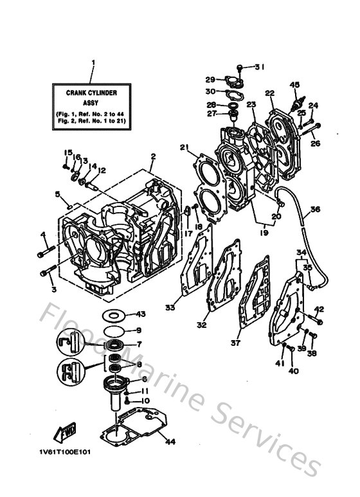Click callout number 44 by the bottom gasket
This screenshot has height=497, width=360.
pyautogui.click(x=170, y=441)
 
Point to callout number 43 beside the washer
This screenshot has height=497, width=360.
pyautogui.click(x=141, y=314)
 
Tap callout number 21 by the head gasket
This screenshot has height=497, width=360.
pyautogui.click(x=184, y=148)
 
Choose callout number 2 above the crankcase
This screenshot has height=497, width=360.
pyautogui.click(x=153, y=156)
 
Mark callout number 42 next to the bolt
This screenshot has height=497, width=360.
pyautogui.click(x=319, y=310)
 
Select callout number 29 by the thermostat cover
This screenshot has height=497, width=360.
pyautogui.click(x=210, y=80)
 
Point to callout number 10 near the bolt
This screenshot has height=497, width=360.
pyautogui.click(x=145, y=401)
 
